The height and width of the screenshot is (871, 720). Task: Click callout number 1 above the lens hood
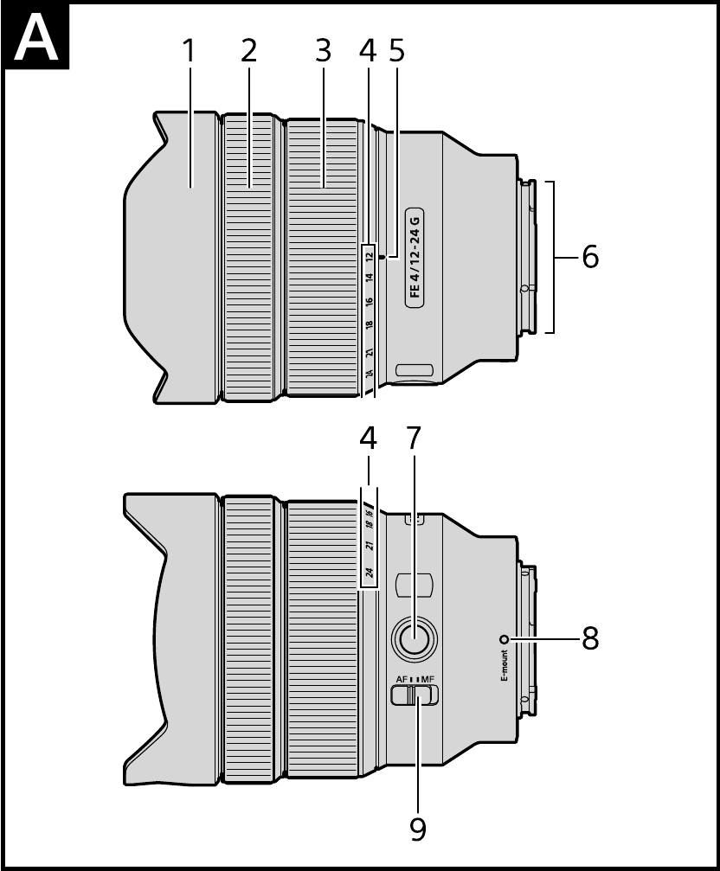click(x=190, y=51)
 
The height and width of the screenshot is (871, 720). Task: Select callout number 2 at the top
click(x=249, y=51)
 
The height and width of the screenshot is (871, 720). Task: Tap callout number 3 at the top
click(x=324, y=51)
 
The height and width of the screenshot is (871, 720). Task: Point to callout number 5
click(x=396, y=51)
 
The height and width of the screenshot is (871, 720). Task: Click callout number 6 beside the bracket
click(x=590, y=257)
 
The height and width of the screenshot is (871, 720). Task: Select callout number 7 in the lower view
click(x=414, y=438)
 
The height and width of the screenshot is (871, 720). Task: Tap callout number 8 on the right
click(x=590, y=639)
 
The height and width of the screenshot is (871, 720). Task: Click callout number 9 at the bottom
click(x=418, y=829)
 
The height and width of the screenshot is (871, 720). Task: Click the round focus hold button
click(x=414, y=639)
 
